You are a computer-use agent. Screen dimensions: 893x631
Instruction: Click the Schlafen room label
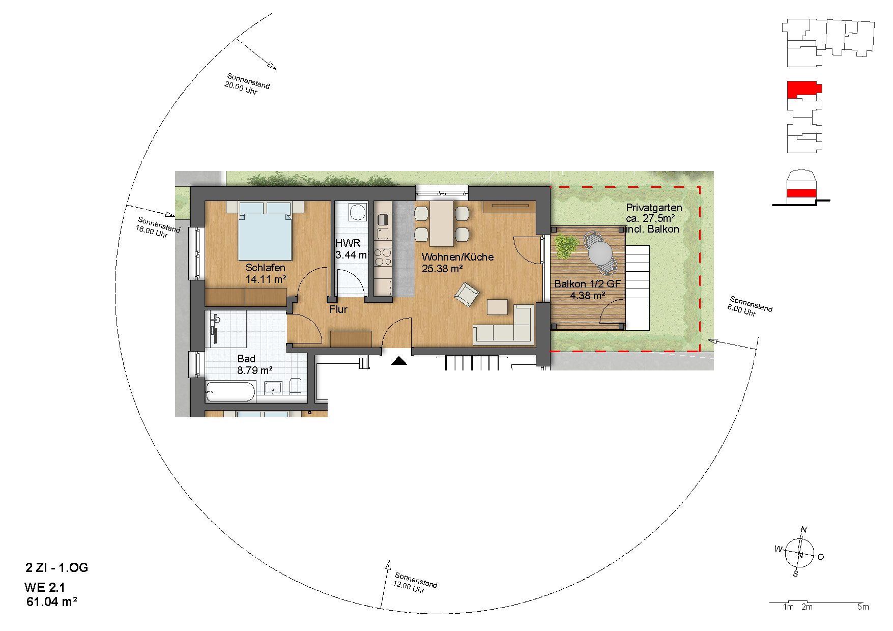pyautogui.click(x=265, y=268)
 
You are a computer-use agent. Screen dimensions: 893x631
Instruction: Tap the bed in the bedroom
pyautogui.click(x=265, y=232)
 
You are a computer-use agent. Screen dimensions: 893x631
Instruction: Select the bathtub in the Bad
pyautogui.click(x=230, y=392)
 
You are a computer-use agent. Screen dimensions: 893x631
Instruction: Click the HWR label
pyautogui.click(x=348, y=243)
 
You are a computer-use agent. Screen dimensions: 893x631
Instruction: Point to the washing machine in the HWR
pyautogui.click(x=357, y=212)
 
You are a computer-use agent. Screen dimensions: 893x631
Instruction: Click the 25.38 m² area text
pyautogui.click(x=442, y=269)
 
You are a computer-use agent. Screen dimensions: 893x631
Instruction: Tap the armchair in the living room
pyautogui.click(x=467, y=295)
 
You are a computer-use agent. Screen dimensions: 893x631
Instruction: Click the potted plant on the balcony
pyautogui.click(x=565, y=245)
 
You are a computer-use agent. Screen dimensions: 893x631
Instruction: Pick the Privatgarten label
pyautogui.click(x=654, y=208)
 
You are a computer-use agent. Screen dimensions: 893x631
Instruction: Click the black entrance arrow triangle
pyautogui.click(x=399, y=361)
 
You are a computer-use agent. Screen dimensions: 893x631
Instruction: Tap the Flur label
pyautogui.click(x=338, y=309)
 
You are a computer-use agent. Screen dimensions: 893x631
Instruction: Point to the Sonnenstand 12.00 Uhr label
pyautogui.click(x=415, y=583)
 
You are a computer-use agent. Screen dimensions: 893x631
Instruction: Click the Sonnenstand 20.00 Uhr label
pyautogui.click(x=247, y=84)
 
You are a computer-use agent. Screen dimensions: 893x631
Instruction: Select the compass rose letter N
pyautogui.click(x=804, y=530)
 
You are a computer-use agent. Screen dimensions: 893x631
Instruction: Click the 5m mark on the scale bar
pyautogui.click(x=863, y=607)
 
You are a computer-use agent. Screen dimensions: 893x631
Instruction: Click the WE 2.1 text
pyautogui.click(x=45, y=587)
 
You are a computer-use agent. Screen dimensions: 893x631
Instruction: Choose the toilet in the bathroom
pyautogui.click(x=296, y=386)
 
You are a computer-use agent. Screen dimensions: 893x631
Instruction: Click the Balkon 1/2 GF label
pyautogui.click(x=587, y=284)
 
